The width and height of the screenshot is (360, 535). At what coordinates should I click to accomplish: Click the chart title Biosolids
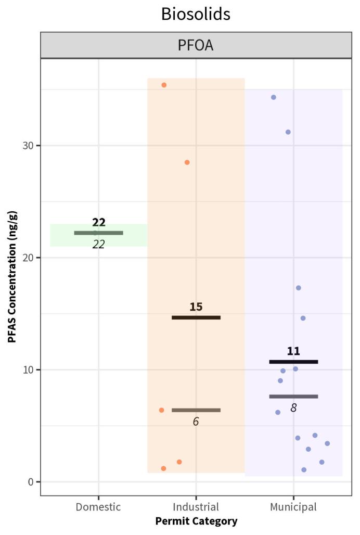[195, 14]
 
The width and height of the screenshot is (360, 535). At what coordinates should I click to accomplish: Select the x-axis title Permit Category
[196, 521]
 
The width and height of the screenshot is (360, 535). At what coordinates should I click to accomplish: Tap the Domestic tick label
[98, 507]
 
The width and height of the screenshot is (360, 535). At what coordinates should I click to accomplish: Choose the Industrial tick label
[196, 507]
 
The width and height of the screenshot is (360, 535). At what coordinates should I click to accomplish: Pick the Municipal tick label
[293, 507]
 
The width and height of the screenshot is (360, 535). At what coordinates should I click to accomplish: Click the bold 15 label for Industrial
[196, 307]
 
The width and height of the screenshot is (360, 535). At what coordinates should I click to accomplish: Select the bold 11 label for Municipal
[293, 351]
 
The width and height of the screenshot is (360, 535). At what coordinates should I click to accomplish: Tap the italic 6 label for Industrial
[196, 422]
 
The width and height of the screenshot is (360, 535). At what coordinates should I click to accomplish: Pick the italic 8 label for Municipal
[293, 408]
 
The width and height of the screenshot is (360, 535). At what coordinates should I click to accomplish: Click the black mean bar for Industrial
[196, 317]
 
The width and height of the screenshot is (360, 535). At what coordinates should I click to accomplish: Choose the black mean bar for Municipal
[293, 362]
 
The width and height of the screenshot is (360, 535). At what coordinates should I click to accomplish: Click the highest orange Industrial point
[164, 85]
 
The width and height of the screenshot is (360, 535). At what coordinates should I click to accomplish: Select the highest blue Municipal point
[274, 97]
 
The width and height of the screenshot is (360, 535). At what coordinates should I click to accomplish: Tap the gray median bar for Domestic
[98, 233]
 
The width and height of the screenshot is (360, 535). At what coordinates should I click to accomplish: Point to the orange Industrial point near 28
[187, 162]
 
